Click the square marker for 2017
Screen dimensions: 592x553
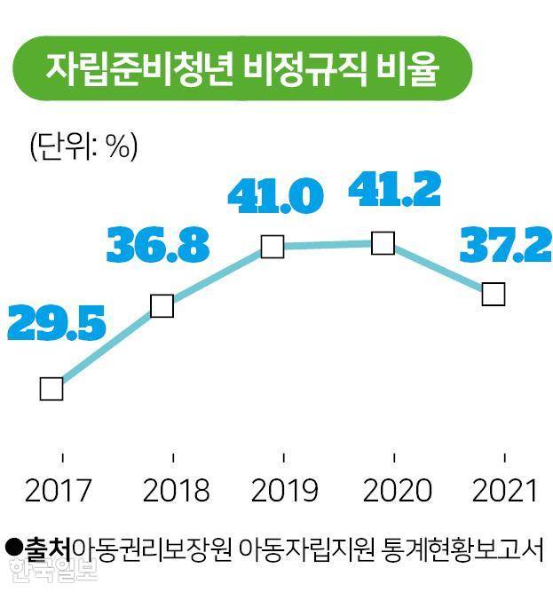51,389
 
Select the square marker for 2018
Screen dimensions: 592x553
162,305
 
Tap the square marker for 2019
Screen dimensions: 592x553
273,247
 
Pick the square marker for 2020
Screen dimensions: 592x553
383,243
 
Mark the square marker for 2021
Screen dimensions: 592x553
494,294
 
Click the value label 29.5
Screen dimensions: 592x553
56,325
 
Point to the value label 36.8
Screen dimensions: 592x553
158,246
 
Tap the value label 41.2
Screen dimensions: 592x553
395,188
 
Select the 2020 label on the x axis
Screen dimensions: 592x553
396,490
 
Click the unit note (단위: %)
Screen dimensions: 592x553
83,146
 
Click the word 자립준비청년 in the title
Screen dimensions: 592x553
138,70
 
